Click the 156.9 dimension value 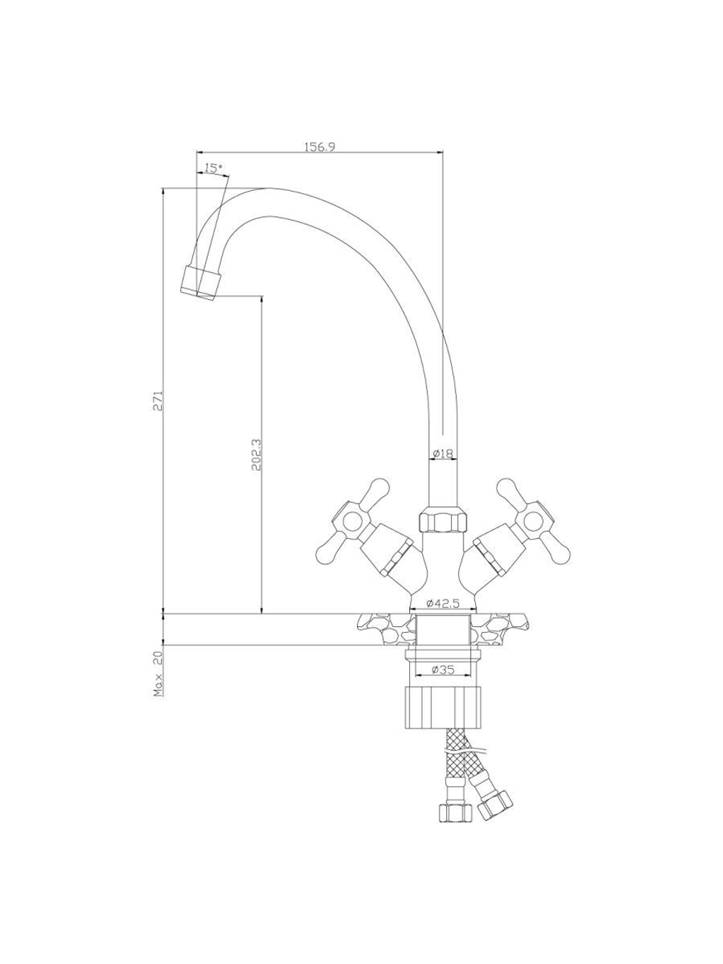pyautogui.click(x=320, y=147)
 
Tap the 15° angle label pyautogui.click(x=214, y=168)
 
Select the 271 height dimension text pyautogui.click(x=158, y=400)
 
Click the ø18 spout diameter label pyautogui.click(x=442, y=453)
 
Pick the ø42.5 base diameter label pyautogui.click(x=442, y=604)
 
